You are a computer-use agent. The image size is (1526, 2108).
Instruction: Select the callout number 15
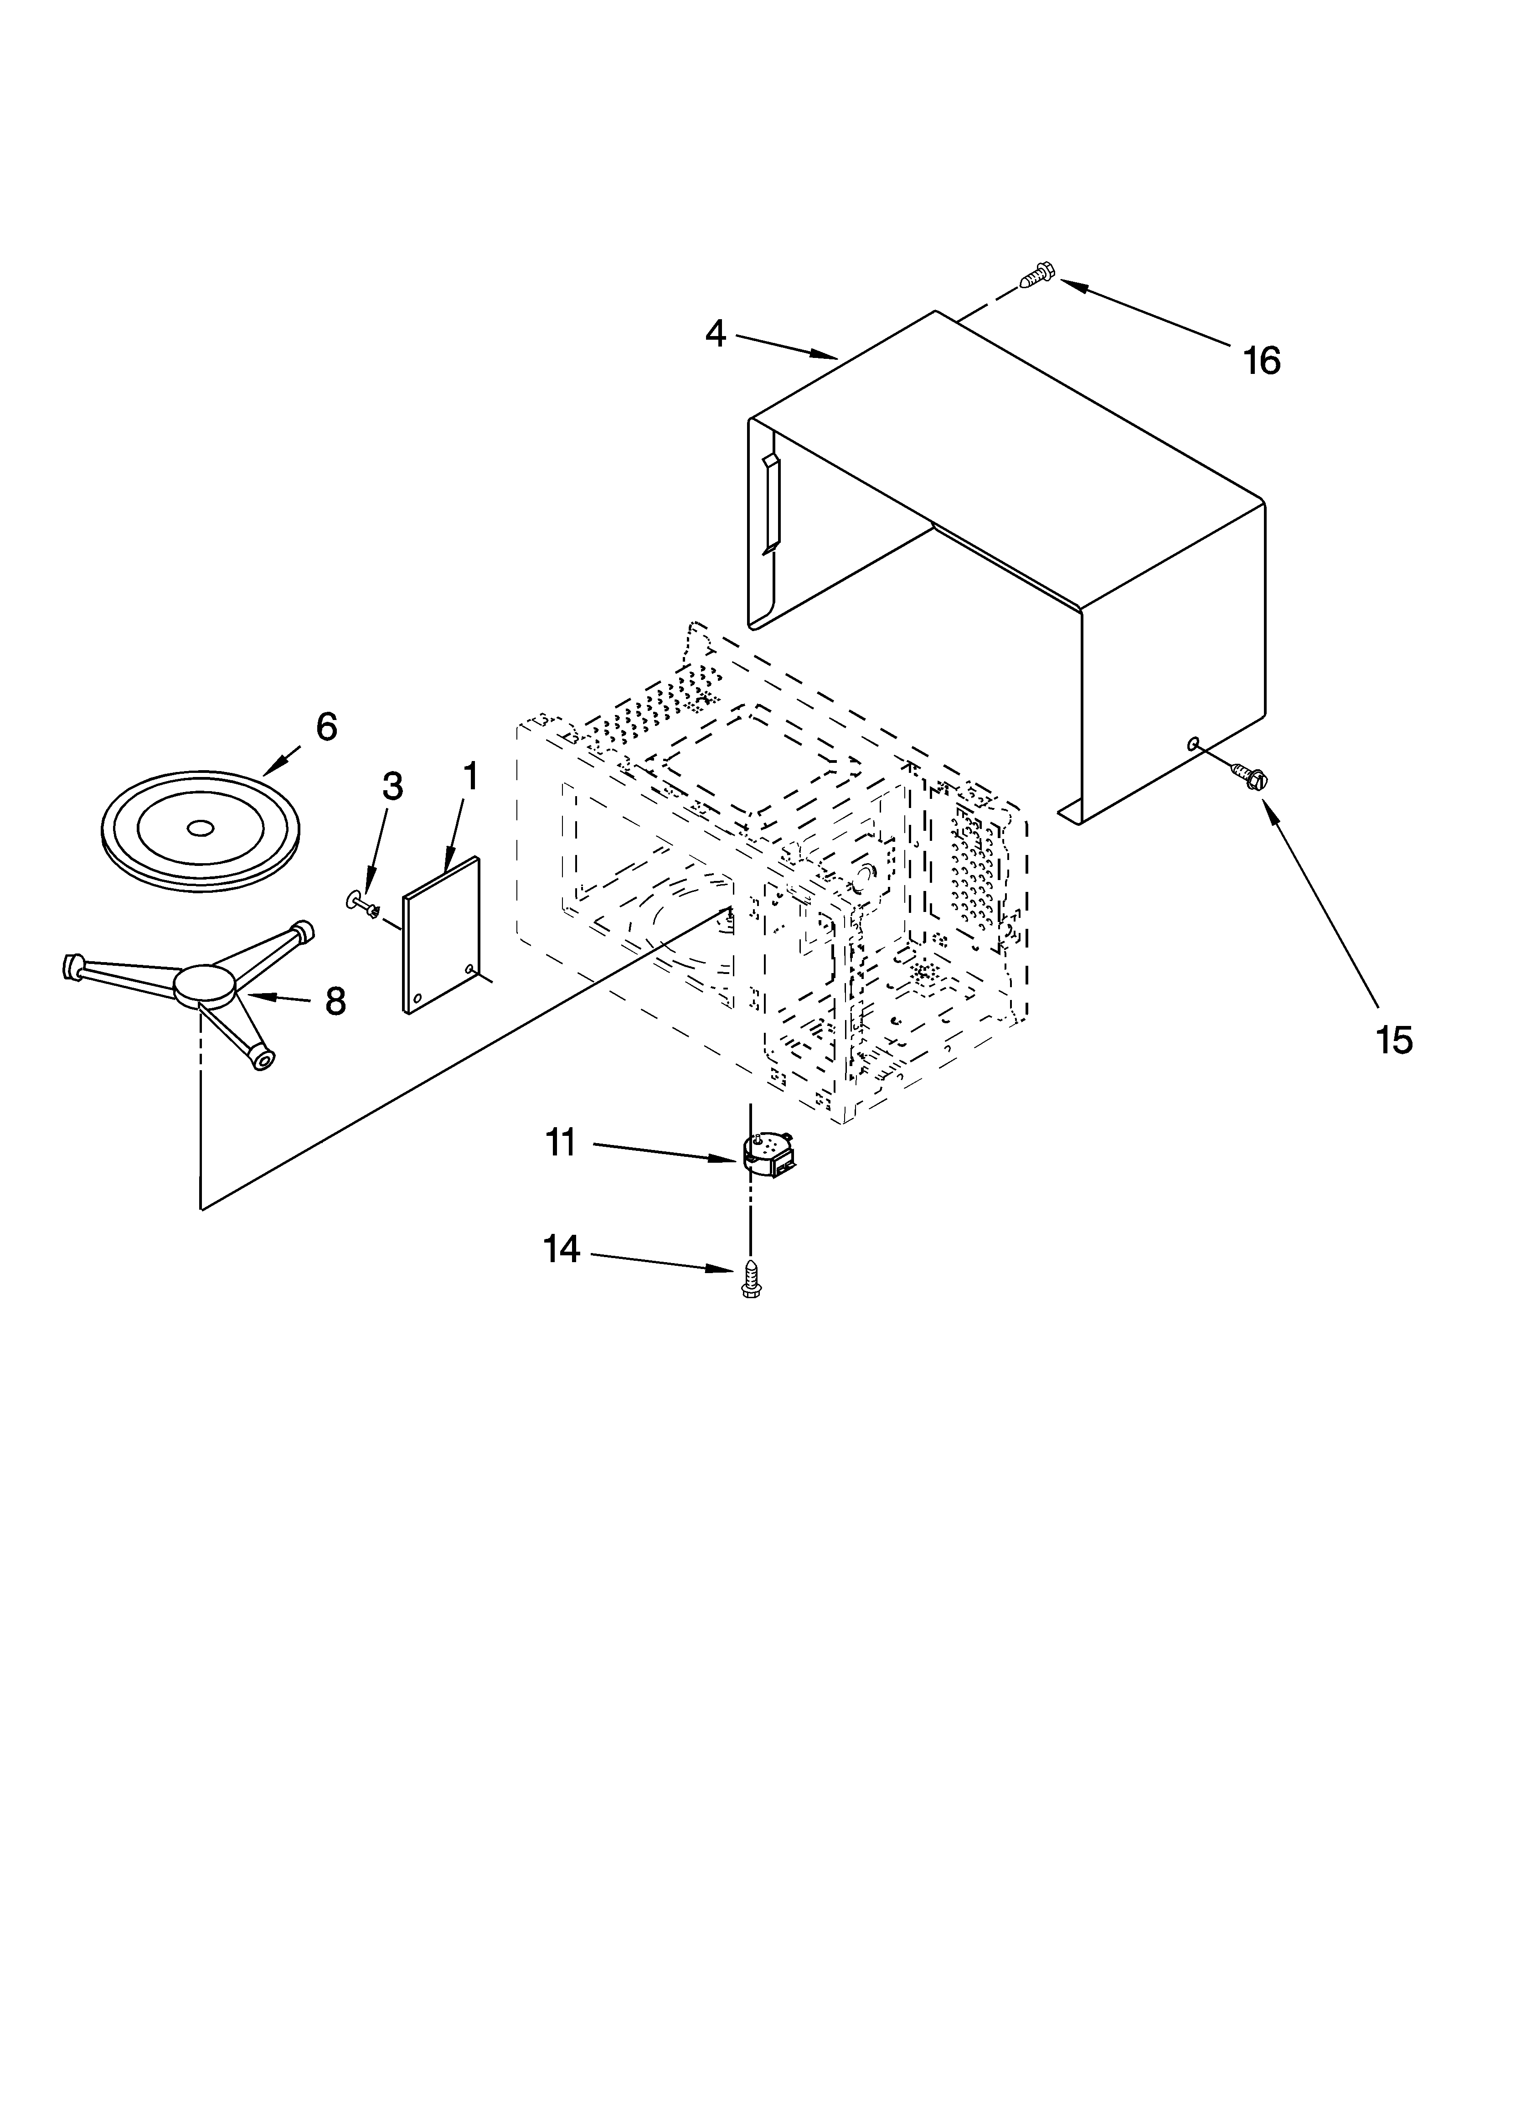[1394, 1040]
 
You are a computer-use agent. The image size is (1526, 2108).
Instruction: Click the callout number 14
[562, 1250]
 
